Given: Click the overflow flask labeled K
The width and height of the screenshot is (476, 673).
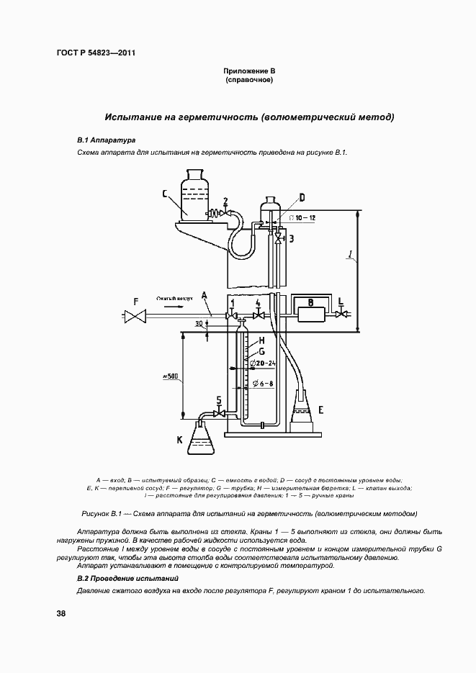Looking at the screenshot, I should tap(202, 440).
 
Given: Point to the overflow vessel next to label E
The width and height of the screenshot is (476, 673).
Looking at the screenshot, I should tap(304, 413).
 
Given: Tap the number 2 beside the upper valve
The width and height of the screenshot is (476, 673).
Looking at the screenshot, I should tap(225, 201).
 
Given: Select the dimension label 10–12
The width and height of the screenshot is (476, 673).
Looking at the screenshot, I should tap(303, 217).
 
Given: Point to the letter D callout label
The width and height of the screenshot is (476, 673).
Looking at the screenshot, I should tap(302, 197).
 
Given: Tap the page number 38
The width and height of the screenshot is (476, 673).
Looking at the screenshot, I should tap(61, 613).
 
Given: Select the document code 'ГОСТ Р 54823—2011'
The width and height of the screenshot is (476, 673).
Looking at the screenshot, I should tap(96, 53).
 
